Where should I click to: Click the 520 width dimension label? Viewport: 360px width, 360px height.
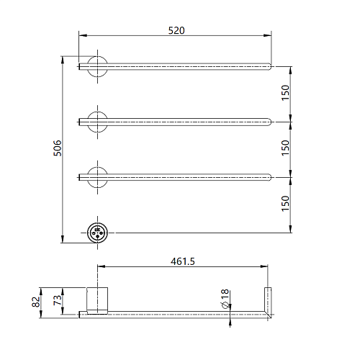(x=176, y=30)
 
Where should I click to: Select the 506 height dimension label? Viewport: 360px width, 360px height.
(x=58, y=148)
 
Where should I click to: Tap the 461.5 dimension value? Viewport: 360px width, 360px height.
(x=183, y=261)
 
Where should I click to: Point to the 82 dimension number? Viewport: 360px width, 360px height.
(x=35, y=302)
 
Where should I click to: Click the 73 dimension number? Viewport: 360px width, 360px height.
(x=57, y=300)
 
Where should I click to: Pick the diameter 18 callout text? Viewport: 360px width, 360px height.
(x=225, y=299)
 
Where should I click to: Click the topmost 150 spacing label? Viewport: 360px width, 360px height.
(x=285, y=93)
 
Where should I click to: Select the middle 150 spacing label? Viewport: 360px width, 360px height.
(x=285, y=148)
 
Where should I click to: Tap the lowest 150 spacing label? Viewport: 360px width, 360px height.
(x=285, y=204)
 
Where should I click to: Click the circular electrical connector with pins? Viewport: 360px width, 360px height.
(x=97, y=233)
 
